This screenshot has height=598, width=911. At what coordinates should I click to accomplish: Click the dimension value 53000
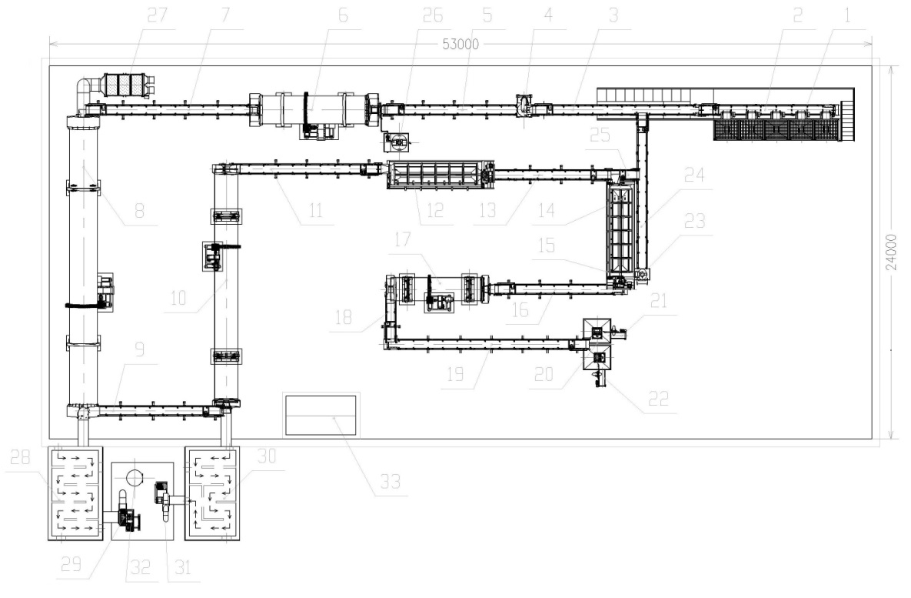[460, 44]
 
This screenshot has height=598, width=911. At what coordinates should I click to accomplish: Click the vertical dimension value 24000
[891, 252]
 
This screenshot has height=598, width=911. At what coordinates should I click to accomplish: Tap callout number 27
[157, 15]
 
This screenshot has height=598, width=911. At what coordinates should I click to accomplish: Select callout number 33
[391, 482]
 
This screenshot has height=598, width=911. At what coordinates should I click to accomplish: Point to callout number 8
[139, 211]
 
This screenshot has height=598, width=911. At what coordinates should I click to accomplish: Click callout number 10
[178, 298]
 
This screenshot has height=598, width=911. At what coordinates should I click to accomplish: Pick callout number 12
[435, 211]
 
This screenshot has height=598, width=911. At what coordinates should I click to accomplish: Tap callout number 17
[402, 239]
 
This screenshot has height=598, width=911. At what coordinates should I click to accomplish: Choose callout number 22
[658, 399]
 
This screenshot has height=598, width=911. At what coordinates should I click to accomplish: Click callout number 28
[20, 457]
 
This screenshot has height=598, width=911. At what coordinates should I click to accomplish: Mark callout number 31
[182, 567]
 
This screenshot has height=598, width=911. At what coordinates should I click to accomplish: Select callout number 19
[455, 374]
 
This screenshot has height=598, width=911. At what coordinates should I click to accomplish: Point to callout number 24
[694, 175]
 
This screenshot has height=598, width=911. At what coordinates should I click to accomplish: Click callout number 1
[847, 15]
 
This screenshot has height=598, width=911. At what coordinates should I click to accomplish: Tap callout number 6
[343, 15]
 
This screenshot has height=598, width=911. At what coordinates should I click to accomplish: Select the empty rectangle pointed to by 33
[320, 415]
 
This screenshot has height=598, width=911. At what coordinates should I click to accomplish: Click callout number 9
[139, 349]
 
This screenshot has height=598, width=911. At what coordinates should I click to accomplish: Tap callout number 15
[546, 246]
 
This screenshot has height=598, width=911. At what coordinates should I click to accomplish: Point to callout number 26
[432, 15]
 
